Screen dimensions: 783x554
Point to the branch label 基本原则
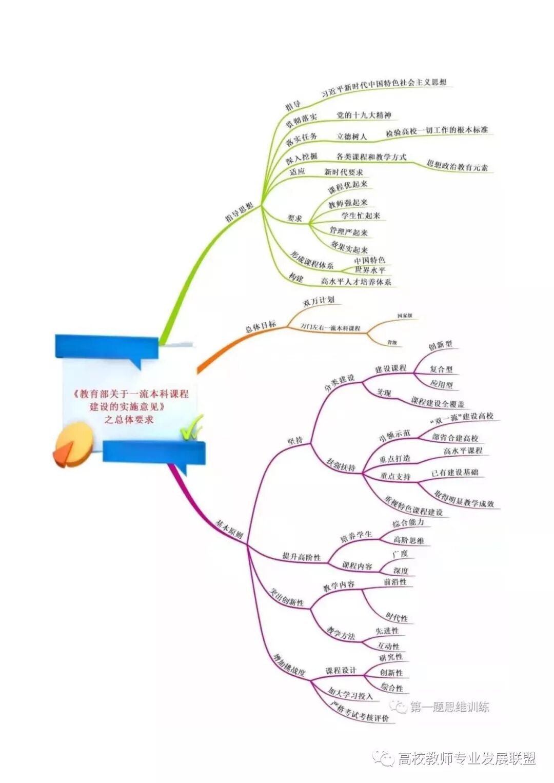pyautogui.click(x=229, y=532)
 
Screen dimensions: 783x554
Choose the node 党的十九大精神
pyautogui.click(x=364, y=115)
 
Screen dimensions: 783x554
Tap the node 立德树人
pyautogui.click(x=351, y=136)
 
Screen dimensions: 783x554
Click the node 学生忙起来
pyautogui.click(x=361, y=216)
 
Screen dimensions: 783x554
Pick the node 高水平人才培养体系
pyautogui.click(x=356, y=281)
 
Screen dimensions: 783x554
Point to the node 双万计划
pyautogui.click(x=318, y=301)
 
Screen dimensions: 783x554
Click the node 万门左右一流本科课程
pyautogui.click(x=330, y=327)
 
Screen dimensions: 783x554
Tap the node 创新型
pyautogui.click(x=440, y=345)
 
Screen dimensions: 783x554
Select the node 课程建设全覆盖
pyautogui.click(x=438, y=402)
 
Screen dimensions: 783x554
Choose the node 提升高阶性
pyautogui.click(x=301, y=557)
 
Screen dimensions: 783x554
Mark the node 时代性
pyautogui.click(x=397, y=617)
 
